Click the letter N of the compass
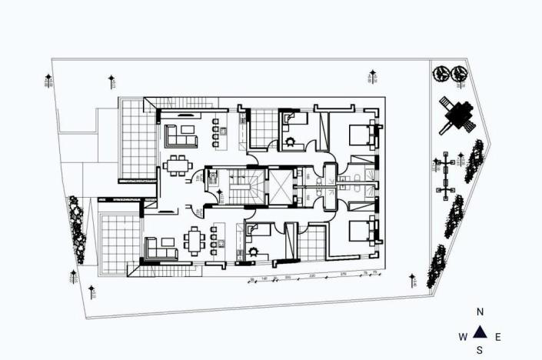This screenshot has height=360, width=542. click(x=480, y=312)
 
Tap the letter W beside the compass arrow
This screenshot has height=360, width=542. click(x=463, y=337)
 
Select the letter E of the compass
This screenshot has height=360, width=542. click(x=497, y=337)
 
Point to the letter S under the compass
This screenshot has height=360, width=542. click(x=480, y=351)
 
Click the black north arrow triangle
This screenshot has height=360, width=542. click(x=480, y=332)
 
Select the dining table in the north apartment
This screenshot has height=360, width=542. click(x=178, y=164)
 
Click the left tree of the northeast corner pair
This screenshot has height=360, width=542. click(x=442, y=74)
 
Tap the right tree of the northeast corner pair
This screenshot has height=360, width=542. click(x=460, y=74)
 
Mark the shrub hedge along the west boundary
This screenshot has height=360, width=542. click(x=76, y=220)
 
